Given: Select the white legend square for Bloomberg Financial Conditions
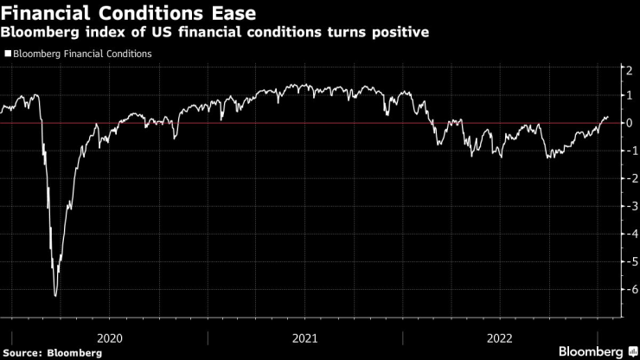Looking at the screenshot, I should point(8,54).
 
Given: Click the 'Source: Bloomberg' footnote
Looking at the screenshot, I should point(42,351).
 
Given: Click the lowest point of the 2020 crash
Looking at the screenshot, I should point(56,296).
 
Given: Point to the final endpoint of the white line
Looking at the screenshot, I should point(608,116).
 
